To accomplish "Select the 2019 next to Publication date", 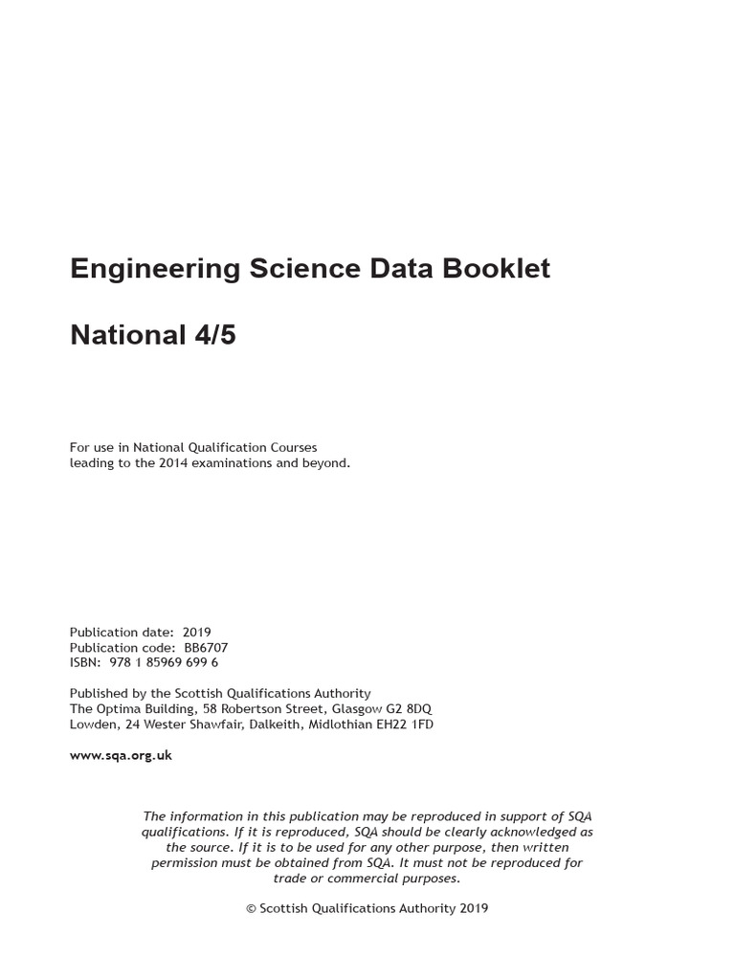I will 196,632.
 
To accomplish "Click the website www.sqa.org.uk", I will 121,755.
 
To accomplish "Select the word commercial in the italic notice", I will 367,878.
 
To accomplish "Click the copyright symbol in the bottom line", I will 251,908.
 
